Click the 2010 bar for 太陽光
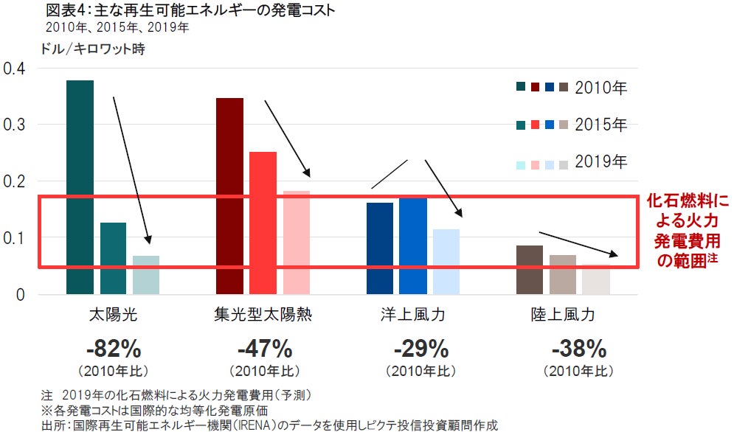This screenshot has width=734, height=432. point(80,187)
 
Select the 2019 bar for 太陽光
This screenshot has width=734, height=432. point(146,275)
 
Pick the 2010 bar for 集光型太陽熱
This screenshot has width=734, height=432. point(229,196)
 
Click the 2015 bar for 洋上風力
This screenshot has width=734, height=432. point(413,246)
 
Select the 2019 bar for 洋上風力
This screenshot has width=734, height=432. point(446,262)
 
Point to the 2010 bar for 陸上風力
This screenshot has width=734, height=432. point(530,270)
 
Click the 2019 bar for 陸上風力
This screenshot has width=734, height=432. point(596,279)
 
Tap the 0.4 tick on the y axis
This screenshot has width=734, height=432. point(14,69)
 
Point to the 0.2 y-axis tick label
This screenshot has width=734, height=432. point(14,182)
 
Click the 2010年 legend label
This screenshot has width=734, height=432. point(600,88)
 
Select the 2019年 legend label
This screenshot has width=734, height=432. point(600,161)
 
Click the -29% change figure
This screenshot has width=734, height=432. point(420,348)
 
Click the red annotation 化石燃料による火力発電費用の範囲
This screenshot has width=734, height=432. point(687,230)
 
